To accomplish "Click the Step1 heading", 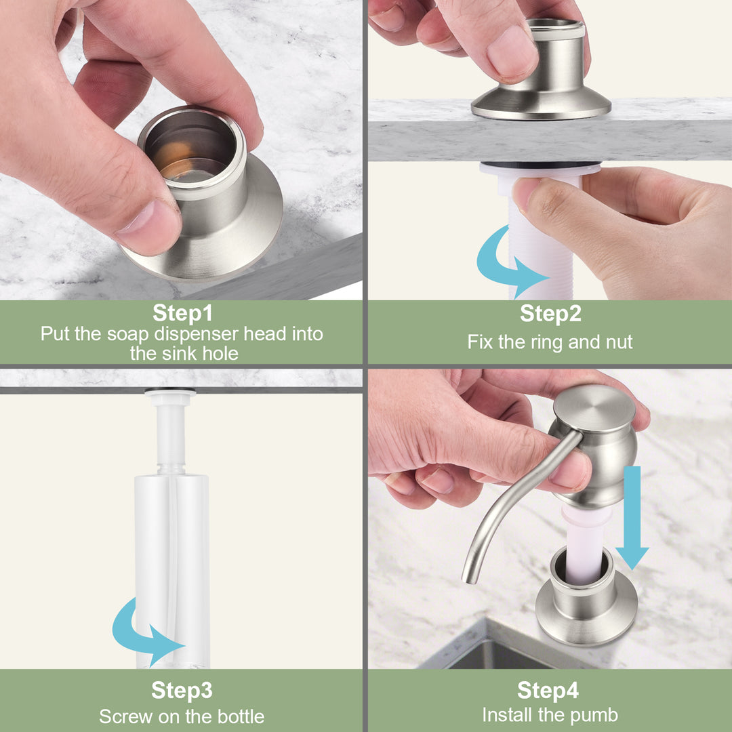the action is click(182, 312).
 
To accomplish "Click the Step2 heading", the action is click(550, 312).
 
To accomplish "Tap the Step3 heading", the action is click(182, 690).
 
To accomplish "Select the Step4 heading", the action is click(548, 690).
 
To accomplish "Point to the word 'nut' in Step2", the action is click(619, 342).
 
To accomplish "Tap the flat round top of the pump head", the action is click(594, 407).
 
